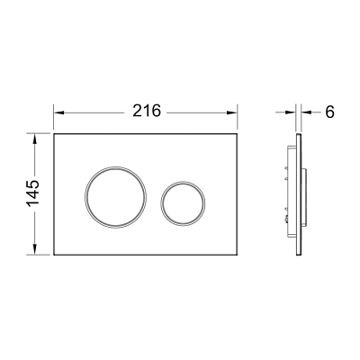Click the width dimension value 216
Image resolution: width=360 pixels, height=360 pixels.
(147, 111)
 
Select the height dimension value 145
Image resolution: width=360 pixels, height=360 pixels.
(33, 193)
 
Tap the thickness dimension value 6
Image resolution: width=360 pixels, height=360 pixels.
(329, 112)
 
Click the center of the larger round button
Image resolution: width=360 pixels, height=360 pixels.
(115, 197)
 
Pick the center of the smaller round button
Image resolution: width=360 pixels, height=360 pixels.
(183, 203)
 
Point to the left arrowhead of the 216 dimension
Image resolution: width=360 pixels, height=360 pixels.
(59, 112)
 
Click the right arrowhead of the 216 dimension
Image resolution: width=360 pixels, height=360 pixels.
(232, 112)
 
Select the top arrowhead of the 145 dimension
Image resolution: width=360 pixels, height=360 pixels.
(35, 139)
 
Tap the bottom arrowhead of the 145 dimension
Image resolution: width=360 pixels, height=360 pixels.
(35, 249)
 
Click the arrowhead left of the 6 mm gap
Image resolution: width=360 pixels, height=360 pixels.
(291, 112)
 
